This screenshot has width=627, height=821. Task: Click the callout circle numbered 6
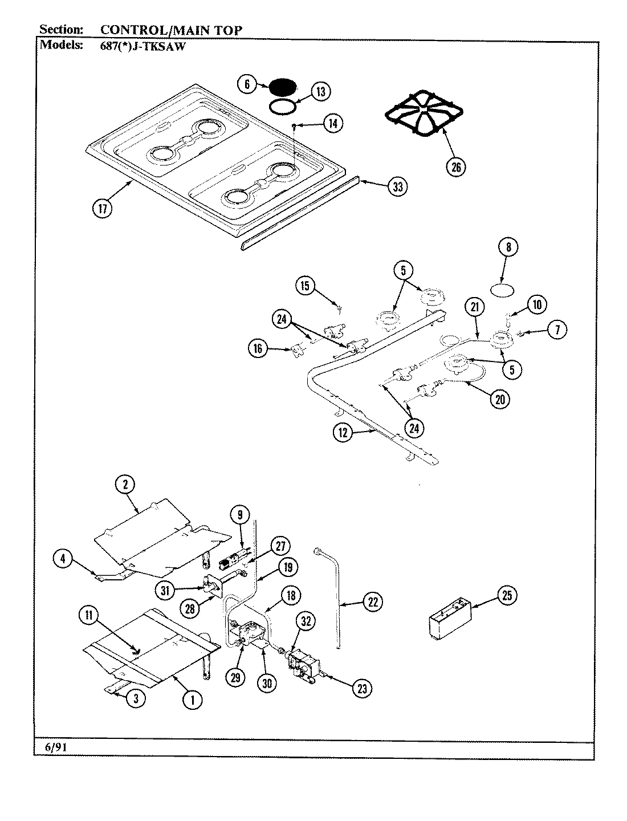point(247,84)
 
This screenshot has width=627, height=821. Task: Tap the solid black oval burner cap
point(283,87)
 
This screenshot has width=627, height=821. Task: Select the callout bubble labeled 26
point(457,166)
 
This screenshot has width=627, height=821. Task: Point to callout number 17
point(102,208)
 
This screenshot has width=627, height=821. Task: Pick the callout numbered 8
point(508,247)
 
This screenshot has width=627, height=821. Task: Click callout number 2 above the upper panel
point(125,485)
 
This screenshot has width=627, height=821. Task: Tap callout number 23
point(361,688)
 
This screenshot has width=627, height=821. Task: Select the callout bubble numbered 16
point(258,348)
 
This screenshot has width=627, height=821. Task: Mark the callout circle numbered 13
point(321,91)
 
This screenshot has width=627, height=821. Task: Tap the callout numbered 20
point(500,400)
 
